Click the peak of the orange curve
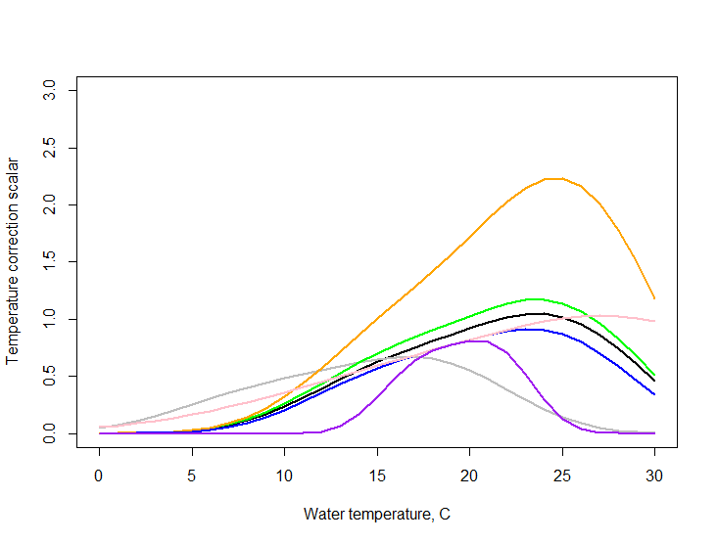pyautogui.click(x=553, y=178)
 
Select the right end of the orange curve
pyautogui.click(x=654, y=298)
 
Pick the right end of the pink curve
pyautogui.click(x=654, y=321)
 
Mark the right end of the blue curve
pyautogui.click(x=654, y=394)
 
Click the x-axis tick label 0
pyautogui.click(x=99, y=475)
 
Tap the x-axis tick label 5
pyautogui.click(x=191, y=475)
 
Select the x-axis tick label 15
pyautogui.click(x=377, y=475)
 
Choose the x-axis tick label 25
pyautogui.click(x=562, y=475)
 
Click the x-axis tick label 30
pyautogui.click(x=654, y=475)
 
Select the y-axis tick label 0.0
pyautogui.click(x=49, y=432)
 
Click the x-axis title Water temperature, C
pyautogui.click(x=377, y=514)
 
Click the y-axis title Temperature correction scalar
pyautogui.click(x=14, y=259)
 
